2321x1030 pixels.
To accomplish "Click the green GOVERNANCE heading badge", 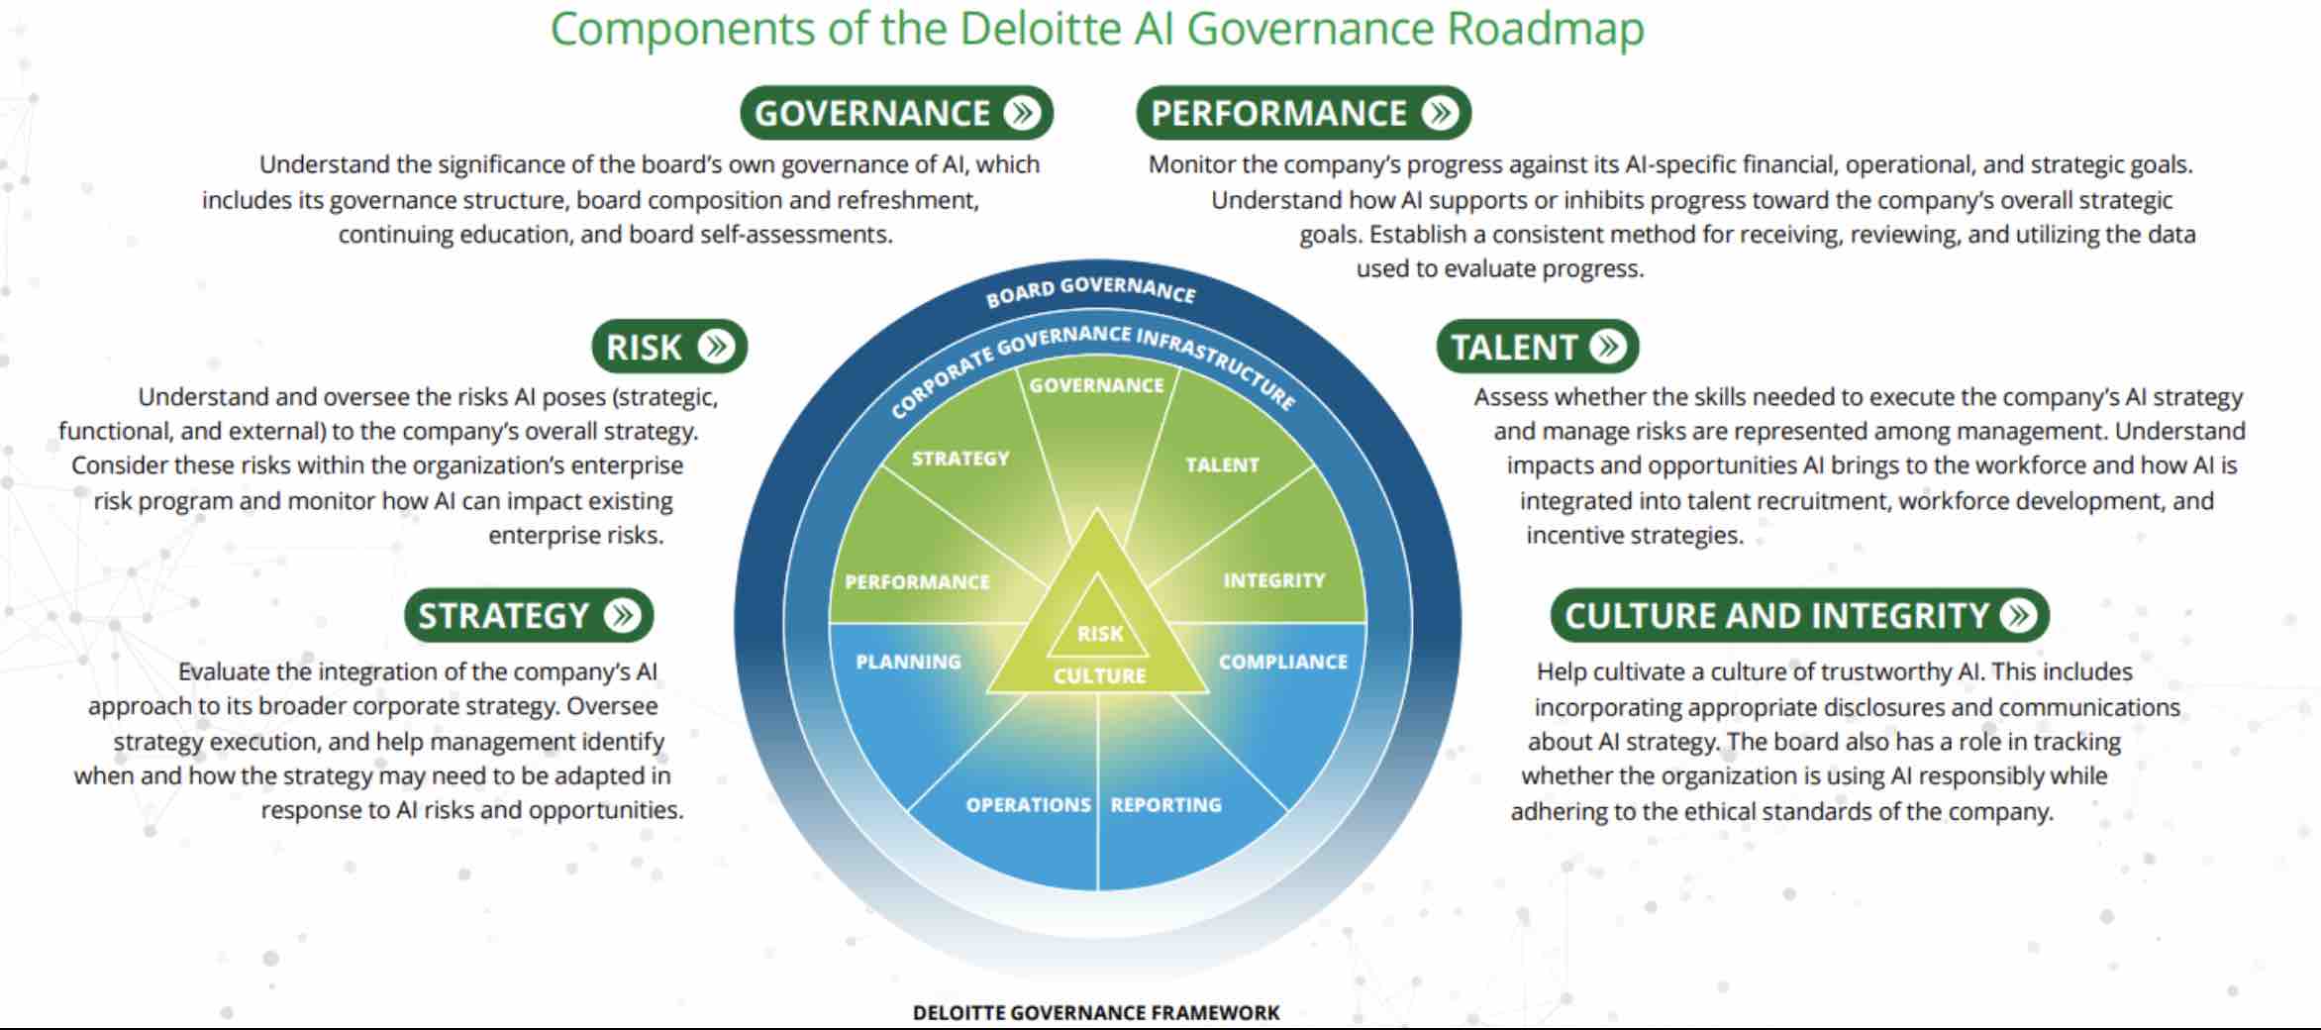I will click(x=895, y=113).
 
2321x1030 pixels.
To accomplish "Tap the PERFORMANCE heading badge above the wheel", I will click(x=1302, y=113).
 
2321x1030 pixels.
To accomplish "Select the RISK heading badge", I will click(x=668, y=347).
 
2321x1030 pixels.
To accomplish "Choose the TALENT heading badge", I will click(x=1537, y=347).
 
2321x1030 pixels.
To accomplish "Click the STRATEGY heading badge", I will click(x=528, y=615).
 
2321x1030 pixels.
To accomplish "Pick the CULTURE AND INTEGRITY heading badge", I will click(x=1798, y=615).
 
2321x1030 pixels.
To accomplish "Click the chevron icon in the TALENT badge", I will click(x=1608, y=346).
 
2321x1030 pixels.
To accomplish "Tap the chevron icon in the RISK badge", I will click(x=715, y=346).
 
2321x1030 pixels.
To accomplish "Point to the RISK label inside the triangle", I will click(x=1100, y=634).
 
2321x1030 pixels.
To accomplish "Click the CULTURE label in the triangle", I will click(x=1099, y=676).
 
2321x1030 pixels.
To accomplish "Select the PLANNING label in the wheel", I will click(x=908, y=662).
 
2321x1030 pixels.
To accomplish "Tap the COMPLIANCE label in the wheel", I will click(x=1282, y=662).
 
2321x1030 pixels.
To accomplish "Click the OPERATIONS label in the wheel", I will click(x=1028, y=805).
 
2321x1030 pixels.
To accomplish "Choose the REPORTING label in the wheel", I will click(x=1165, y=805).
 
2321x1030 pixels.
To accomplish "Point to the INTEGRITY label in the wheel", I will click(x=1273, y=580).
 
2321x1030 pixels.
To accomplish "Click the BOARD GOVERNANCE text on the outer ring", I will click(x=1090, y=290).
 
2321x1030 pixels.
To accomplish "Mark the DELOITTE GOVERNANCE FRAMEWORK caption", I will click(x=1095, y=1012).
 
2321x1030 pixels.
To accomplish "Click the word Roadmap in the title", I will click(x=1545, y=29).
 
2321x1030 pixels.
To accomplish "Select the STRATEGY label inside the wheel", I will click(x=959, y=459).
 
